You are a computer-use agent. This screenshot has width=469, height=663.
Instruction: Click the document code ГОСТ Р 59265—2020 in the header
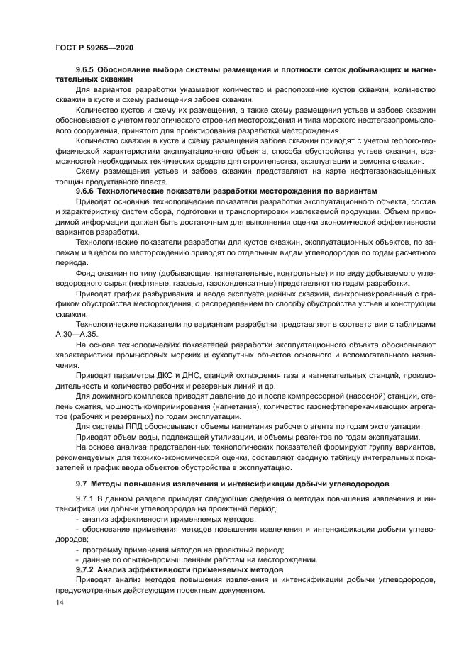pos(94,47)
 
